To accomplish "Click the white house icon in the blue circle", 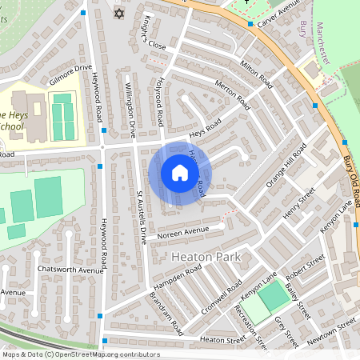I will pyautogui.click(x=180, y=173).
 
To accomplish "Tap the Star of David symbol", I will pyautogui.click(x=120, y=14).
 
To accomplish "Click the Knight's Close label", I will pyautogui.click(x=154, y=35).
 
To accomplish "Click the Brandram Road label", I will pyautogui.click(x=166, y=313).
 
